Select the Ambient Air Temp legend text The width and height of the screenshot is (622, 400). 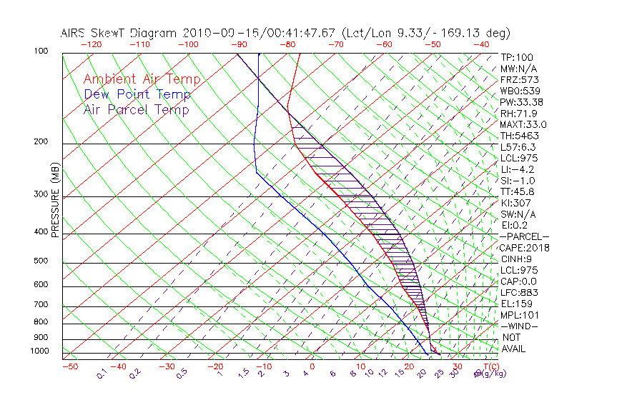click(x=142, y=79)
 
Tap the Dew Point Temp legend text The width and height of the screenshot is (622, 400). click(x=137, y=94)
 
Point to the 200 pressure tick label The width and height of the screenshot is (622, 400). click(x=40, y=142)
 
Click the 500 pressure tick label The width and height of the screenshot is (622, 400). click(x=40, y=261)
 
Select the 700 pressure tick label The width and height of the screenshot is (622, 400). click(x=40, y=305)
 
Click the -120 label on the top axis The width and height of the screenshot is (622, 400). click(x=90, y=44)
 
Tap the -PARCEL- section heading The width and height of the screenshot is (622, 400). click(x=525, y=236)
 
